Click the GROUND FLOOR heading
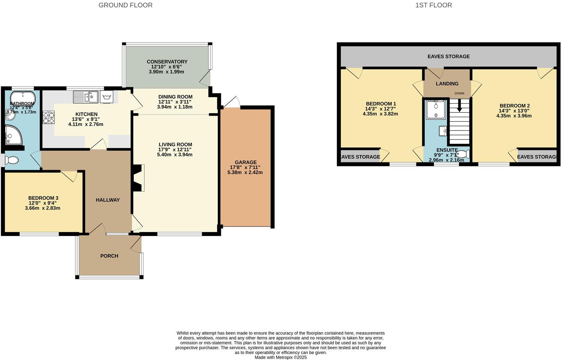coord(125,5)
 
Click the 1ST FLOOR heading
coord(433,5)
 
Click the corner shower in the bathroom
coord(13,135)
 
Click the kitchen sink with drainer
coord(85,97)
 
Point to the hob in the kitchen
coord(48,117)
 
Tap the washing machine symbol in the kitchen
coord(107,97)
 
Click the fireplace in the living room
coord(138,178)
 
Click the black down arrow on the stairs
coord(460,106)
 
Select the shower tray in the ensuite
coord(436,110)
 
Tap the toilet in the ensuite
coord(464,154)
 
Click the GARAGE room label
coord(246,162)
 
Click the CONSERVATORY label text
coord(167,62)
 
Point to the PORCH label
coord(109,256)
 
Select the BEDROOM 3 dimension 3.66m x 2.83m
coord(43,208)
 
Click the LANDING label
coord(447,83)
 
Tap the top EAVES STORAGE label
coord(448,56)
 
